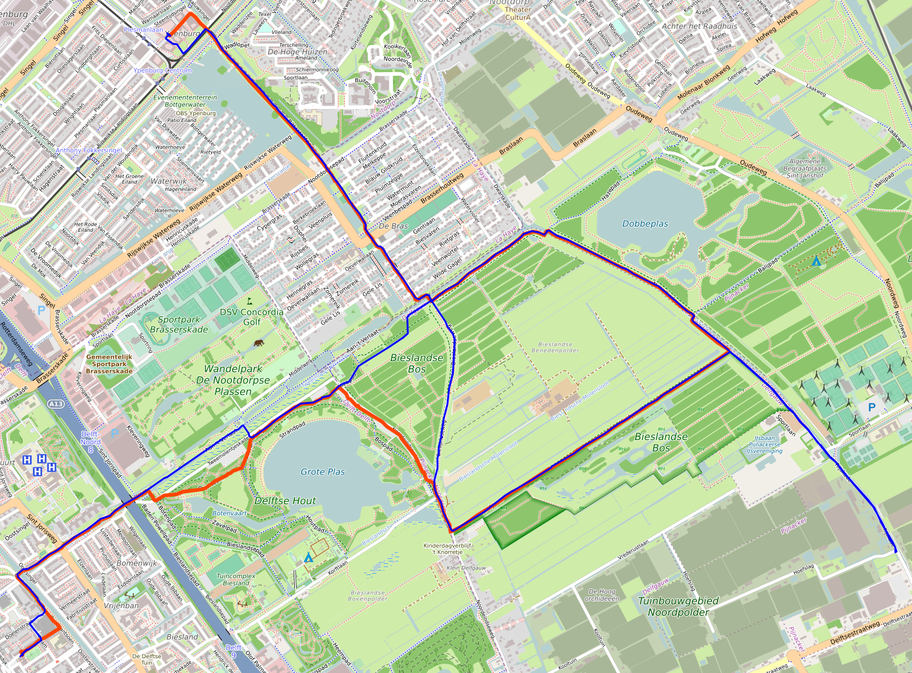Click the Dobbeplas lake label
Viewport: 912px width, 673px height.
click(645, 224)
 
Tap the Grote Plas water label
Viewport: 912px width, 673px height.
click(323, 471)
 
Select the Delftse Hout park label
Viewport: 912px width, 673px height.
click(285, 500)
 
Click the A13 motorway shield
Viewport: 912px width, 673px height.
click(55, 404)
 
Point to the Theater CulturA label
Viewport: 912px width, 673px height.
click(518, 13)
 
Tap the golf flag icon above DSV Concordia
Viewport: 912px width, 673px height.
click(249, 301)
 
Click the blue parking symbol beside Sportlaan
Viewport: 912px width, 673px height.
click(871, 407)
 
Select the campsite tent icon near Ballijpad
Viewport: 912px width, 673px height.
click(816, 261)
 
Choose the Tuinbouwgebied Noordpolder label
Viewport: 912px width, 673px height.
click(678, 606)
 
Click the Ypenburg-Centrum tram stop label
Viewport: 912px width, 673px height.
click(162, 70)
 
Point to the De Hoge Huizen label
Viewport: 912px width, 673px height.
click(297, 52)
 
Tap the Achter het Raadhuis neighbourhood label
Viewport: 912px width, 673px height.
click(699, 27)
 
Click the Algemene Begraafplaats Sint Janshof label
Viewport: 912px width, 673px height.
click(805, 168)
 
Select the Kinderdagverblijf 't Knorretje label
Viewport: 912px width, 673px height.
click(447, 549)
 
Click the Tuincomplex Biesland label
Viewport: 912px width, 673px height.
click(236, 579)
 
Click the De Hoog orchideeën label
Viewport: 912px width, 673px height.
click(602, 595)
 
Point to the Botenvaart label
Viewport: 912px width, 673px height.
click(229, 513)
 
